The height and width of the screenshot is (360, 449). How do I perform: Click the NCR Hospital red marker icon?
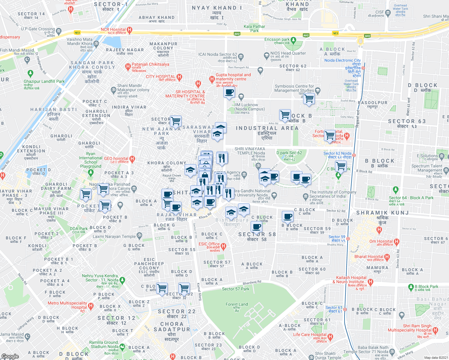pos(130,30)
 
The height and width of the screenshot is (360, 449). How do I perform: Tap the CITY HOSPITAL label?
pos(161,77)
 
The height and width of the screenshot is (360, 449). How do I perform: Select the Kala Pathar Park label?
pos(254,28)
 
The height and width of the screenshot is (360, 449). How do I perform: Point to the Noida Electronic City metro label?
pos(342,60)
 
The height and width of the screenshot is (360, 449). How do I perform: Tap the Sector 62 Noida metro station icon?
pos(354,155)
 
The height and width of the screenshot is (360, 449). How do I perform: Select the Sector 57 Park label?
pos(236,289)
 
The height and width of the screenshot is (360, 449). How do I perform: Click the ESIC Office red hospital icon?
pos(223,246)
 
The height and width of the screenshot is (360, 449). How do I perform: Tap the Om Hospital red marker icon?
pos(396,241)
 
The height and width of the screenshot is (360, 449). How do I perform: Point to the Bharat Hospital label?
pos(369,256)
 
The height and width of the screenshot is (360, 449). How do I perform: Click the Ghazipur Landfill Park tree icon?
pos(30,73)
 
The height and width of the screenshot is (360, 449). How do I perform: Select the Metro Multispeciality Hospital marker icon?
pos(91,306)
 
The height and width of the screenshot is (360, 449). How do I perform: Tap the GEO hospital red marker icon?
pos(132,158)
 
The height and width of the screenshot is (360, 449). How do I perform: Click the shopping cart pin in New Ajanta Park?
pos(176,121)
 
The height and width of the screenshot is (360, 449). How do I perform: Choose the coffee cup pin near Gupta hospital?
pos(229,92)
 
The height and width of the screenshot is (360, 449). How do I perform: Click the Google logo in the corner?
pos(10,356)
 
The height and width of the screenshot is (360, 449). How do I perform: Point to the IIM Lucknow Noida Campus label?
pos(249,107)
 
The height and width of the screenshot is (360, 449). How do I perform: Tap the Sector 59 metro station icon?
pos(348,239)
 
